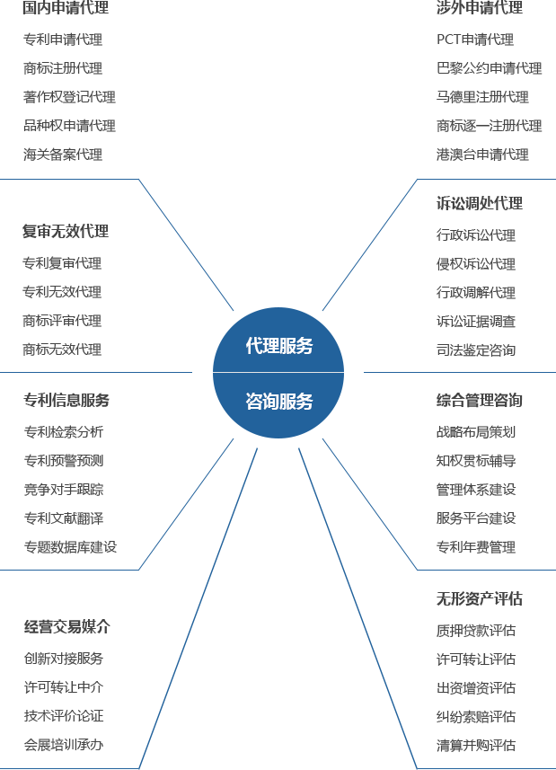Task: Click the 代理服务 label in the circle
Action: (279, 346)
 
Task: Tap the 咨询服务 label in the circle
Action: (279, 402)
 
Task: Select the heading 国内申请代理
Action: (66, 8)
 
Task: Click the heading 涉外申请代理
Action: (480, 8)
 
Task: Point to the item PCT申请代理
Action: (475, 40)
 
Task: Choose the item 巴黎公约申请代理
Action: (490, 67)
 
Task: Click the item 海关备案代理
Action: (63, 155)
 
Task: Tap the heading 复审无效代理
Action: (66, 231)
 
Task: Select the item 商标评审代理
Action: (62, 321)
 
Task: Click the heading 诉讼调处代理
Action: (480, 203)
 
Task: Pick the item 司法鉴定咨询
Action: (476, 350)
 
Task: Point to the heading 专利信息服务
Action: (66, 400)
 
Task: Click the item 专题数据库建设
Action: (71, 546)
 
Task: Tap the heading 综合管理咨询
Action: (480, 400)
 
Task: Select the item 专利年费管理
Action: (476, 546)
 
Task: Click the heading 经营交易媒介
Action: (67, 626)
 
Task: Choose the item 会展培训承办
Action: (64, 745)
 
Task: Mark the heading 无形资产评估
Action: (480, 598)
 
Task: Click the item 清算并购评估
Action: (476, 745)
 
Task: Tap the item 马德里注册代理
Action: (483, 97)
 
